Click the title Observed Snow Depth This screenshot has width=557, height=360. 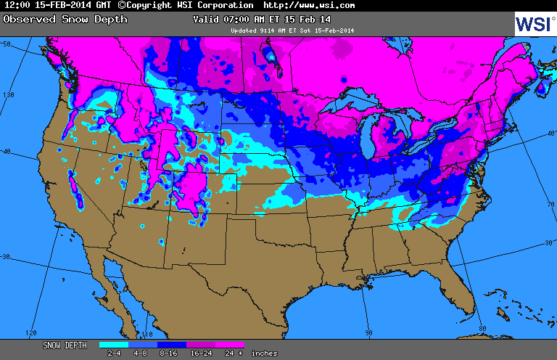point(65,19)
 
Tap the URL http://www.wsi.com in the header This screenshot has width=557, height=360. point(309,5)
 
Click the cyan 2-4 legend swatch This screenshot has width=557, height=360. point(114,345)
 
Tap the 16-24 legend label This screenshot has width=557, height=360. point(201,353)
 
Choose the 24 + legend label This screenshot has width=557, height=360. point(231,353)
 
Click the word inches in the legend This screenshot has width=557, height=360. point(264,353)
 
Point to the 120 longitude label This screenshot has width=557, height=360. point(30,332)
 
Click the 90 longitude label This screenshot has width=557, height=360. point(368,332)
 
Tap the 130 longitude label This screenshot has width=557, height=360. point(9,94)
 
